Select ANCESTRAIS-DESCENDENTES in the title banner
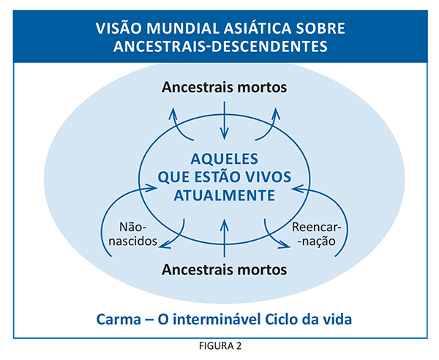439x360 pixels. tap(220, 47)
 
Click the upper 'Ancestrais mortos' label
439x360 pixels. tap(225, 87)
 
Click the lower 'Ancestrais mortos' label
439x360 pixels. tap(225, 270)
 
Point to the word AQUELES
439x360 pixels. tap(225, 159)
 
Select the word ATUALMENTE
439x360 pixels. tap(225, 195)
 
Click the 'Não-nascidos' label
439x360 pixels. tap(133, 234)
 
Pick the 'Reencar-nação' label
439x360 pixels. tap(317, 234)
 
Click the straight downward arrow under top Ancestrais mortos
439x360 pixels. tap(225, 121)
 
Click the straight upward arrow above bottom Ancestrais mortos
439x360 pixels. tap(224, 238)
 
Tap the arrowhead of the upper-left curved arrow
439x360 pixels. tap(173, 112)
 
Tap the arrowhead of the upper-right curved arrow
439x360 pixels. tap(276, 112)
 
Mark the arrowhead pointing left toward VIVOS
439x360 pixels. tap(296, 189)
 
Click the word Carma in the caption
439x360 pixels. tap(119, 320)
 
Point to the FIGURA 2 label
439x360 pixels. tap(220, 346)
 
